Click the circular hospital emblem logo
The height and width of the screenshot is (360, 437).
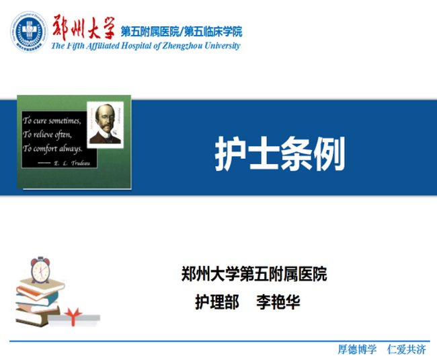(29, 31)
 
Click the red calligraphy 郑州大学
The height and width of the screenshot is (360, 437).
(83, 28)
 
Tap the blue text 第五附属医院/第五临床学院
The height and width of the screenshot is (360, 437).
(182, 32)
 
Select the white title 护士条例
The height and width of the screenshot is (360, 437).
(280, 153)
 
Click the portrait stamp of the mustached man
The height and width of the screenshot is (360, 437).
(106, 125)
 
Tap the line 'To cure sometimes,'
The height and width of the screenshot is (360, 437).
(52, 120)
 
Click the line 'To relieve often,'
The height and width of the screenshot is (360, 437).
(47, 135)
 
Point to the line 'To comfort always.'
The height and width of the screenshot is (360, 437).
(52, 148)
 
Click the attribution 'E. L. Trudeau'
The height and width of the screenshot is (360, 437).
(72, 163)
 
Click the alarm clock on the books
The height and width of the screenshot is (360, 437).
(41, 270)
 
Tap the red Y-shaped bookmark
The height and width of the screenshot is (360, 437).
(73, 317)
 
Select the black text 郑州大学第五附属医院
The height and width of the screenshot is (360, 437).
(254, 274)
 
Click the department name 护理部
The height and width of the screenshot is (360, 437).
(217, 301)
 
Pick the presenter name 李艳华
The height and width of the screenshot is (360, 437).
(278, 301)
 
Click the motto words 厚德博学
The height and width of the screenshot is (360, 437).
(357, 349)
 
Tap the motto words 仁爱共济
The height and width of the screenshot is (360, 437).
(407, 349)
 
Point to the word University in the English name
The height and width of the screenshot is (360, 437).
(222, 46)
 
